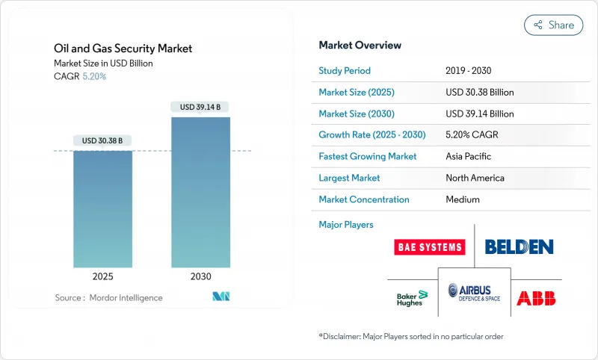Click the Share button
coord(553,25)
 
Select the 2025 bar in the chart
coord(102,209)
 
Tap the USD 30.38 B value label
coord(102,140)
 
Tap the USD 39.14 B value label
coord(200,107)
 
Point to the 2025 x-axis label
coord(102,276)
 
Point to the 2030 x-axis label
coord(200,276)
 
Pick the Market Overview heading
coord(360,46)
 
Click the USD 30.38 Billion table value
coord(479,93)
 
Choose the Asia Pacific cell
coord(469,157)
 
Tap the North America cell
coord(475,178)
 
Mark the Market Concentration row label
coord(364,199)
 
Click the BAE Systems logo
coord(429,247)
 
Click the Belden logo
coord(519,246)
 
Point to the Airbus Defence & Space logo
coord(474,294)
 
